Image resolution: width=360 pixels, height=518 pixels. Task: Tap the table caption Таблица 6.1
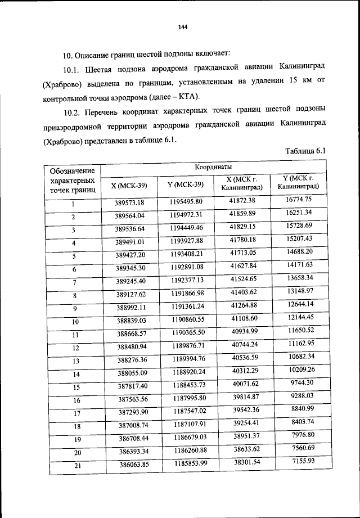coord(305,151)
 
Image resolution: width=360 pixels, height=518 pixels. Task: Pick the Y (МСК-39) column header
coord(186,184)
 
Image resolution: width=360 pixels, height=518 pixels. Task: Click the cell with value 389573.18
coord(130,202)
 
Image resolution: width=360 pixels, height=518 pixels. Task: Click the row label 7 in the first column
coord(74,282)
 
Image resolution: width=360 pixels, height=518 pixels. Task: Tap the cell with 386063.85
coord(130,465)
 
